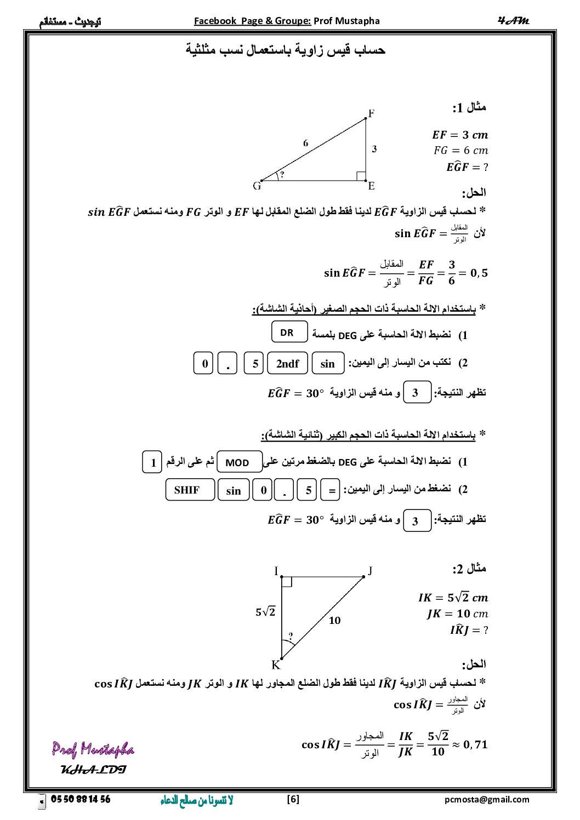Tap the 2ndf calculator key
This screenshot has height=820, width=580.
coord(287,364)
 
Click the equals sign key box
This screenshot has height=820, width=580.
coord(331,490)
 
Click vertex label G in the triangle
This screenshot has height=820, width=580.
coord(257,186)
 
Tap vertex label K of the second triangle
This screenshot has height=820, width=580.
coord(276,665)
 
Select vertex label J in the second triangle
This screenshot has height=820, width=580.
coord(370,571)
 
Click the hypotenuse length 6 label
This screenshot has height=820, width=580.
coord(305,144)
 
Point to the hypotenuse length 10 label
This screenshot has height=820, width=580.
coord(334,621)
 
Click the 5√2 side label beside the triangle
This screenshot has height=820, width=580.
coord(265,612)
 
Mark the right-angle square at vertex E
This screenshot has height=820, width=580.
coord(361,176)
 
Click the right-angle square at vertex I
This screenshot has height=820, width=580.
coord(287,582)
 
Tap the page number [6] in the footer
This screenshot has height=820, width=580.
coord(293,799)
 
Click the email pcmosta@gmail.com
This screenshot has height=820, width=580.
coord(487,800)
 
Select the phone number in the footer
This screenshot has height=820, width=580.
coord(81,799)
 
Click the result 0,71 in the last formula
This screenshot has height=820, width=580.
coord(475,744)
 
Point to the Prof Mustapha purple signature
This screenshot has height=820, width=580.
coord(93,749)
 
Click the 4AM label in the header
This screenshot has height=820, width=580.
coord(514,21)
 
